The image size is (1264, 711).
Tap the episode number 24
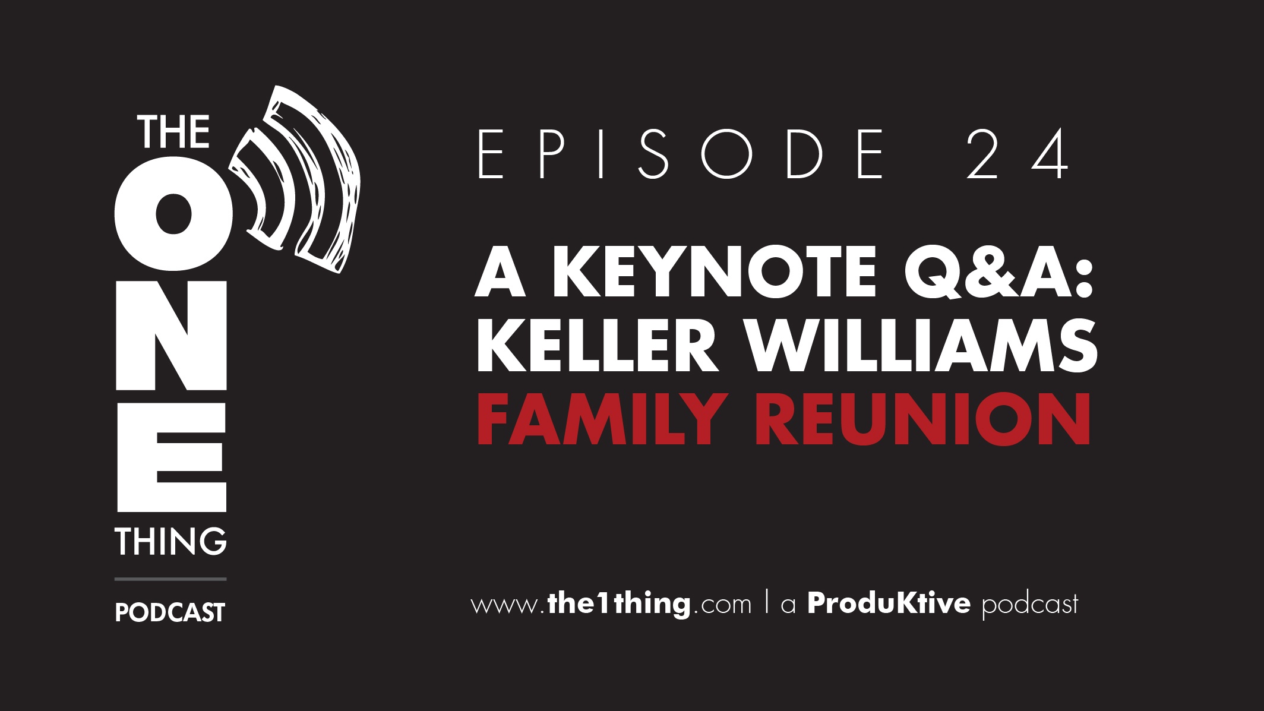1017,154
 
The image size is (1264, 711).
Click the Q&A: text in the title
999,273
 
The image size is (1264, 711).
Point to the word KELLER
598,345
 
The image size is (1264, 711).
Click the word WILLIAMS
922,345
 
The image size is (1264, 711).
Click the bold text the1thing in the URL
619,603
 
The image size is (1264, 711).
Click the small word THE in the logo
173,132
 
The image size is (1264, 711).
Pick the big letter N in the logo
171,336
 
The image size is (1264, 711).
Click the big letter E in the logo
172,457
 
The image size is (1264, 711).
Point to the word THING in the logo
171,541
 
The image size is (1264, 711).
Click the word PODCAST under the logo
170,612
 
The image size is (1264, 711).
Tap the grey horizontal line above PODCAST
170,579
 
